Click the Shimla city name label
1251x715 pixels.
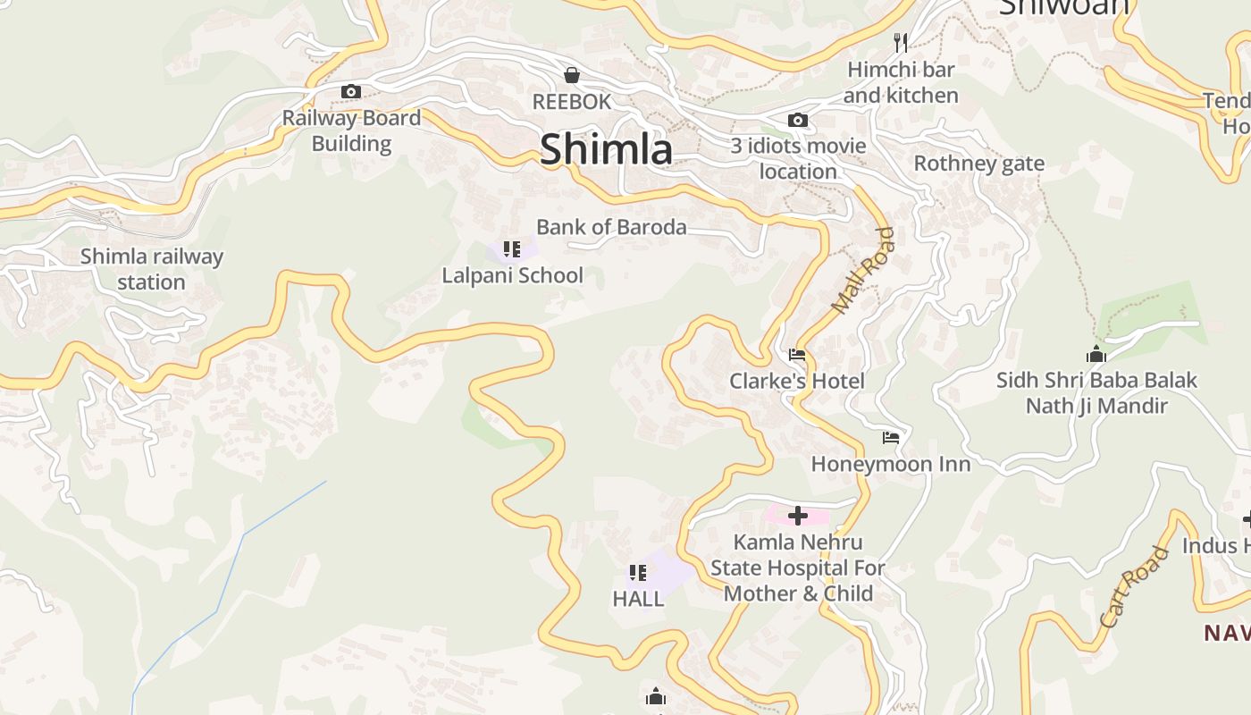tap(606, 148)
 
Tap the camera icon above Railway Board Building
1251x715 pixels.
tap(351, 91)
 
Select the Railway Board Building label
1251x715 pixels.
tap(351, 130)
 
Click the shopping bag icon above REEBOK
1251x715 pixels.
tap(572, 75)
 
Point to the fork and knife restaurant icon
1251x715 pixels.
tap(901, 42)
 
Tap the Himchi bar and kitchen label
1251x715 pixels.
tap(901, 82)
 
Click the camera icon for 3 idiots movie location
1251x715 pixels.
tap(798, 120)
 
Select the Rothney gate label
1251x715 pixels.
tap(978, 164)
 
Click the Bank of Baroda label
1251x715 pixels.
tap(611, 227)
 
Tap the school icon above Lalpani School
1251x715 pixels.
tap(511, 248)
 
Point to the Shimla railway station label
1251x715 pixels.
tap(151, 269)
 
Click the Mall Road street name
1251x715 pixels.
tap(862, 271)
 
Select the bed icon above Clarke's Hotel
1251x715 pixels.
tap(797, 356)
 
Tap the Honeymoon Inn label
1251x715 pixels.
tap(890, 464)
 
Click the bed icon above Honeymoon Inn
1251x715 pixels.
tap(891, 438)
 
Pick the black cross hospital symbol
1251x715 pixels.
tap(798, 516)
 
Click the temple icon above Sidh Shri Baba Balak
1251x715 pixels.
tap(1096, 354)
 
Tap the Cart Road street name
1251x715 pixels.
tap(1134, 586)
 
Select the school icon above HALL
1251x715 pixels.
tap(637, 573)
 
